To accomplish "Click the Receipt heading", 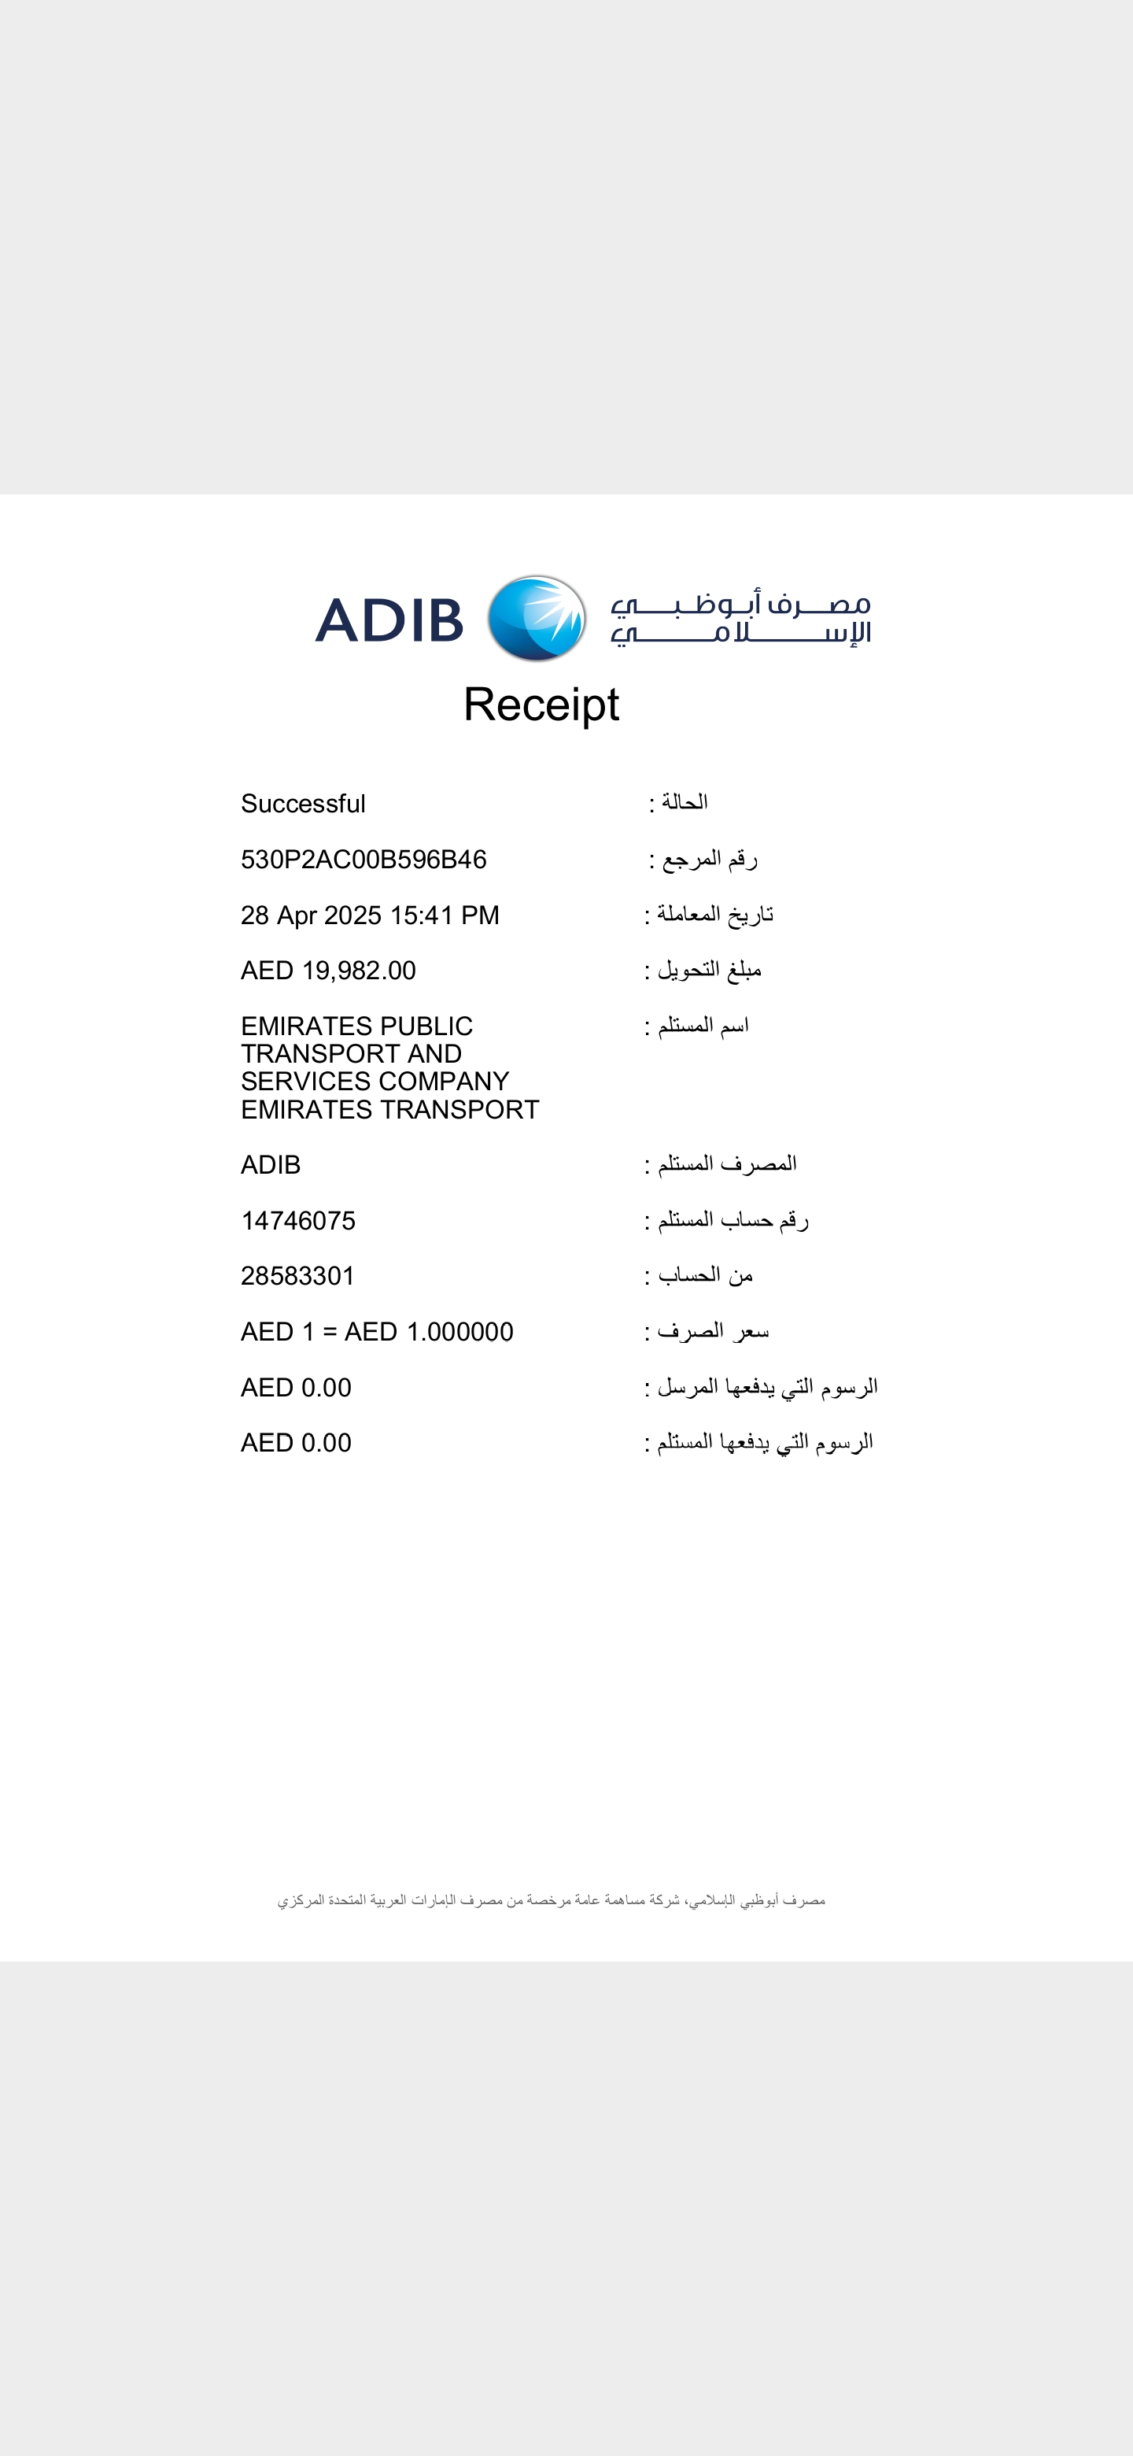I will pos(541,705).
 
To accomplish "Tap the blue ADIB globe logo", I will pos(537,618).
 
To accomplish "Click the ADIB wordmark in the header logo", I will pos(389,620).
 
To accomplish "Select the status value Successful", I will pos(303,804).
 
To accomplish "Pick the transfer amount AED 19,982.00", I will pos(328,971).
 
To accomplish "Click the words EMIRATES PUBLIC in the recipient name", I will pos(356,1026).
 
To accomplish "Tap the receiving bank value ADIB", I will pos(271,1165).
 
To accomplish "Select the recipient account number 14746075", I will pos(298,1220).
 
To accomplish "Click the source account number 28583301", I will pos(297,1276).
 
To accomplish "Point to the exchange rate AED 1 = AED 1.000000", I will pos(376,1332).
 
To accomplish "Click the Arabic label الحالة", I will pos(685,802).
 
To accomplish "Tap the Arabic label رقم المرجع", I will pos(709,859).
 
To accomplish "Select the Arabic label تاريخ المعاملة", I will pos(714,915).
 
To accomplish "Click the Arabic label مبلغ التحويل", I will pos(709,970).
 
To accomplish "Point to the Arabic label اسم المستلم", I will pos(703,1026).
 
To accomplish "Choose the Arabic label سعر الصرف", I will pos(712,1331).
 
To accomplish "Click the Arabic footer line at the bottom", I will pos(551,1901).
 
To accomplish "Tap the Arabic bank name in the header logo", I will pos(740,620).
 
